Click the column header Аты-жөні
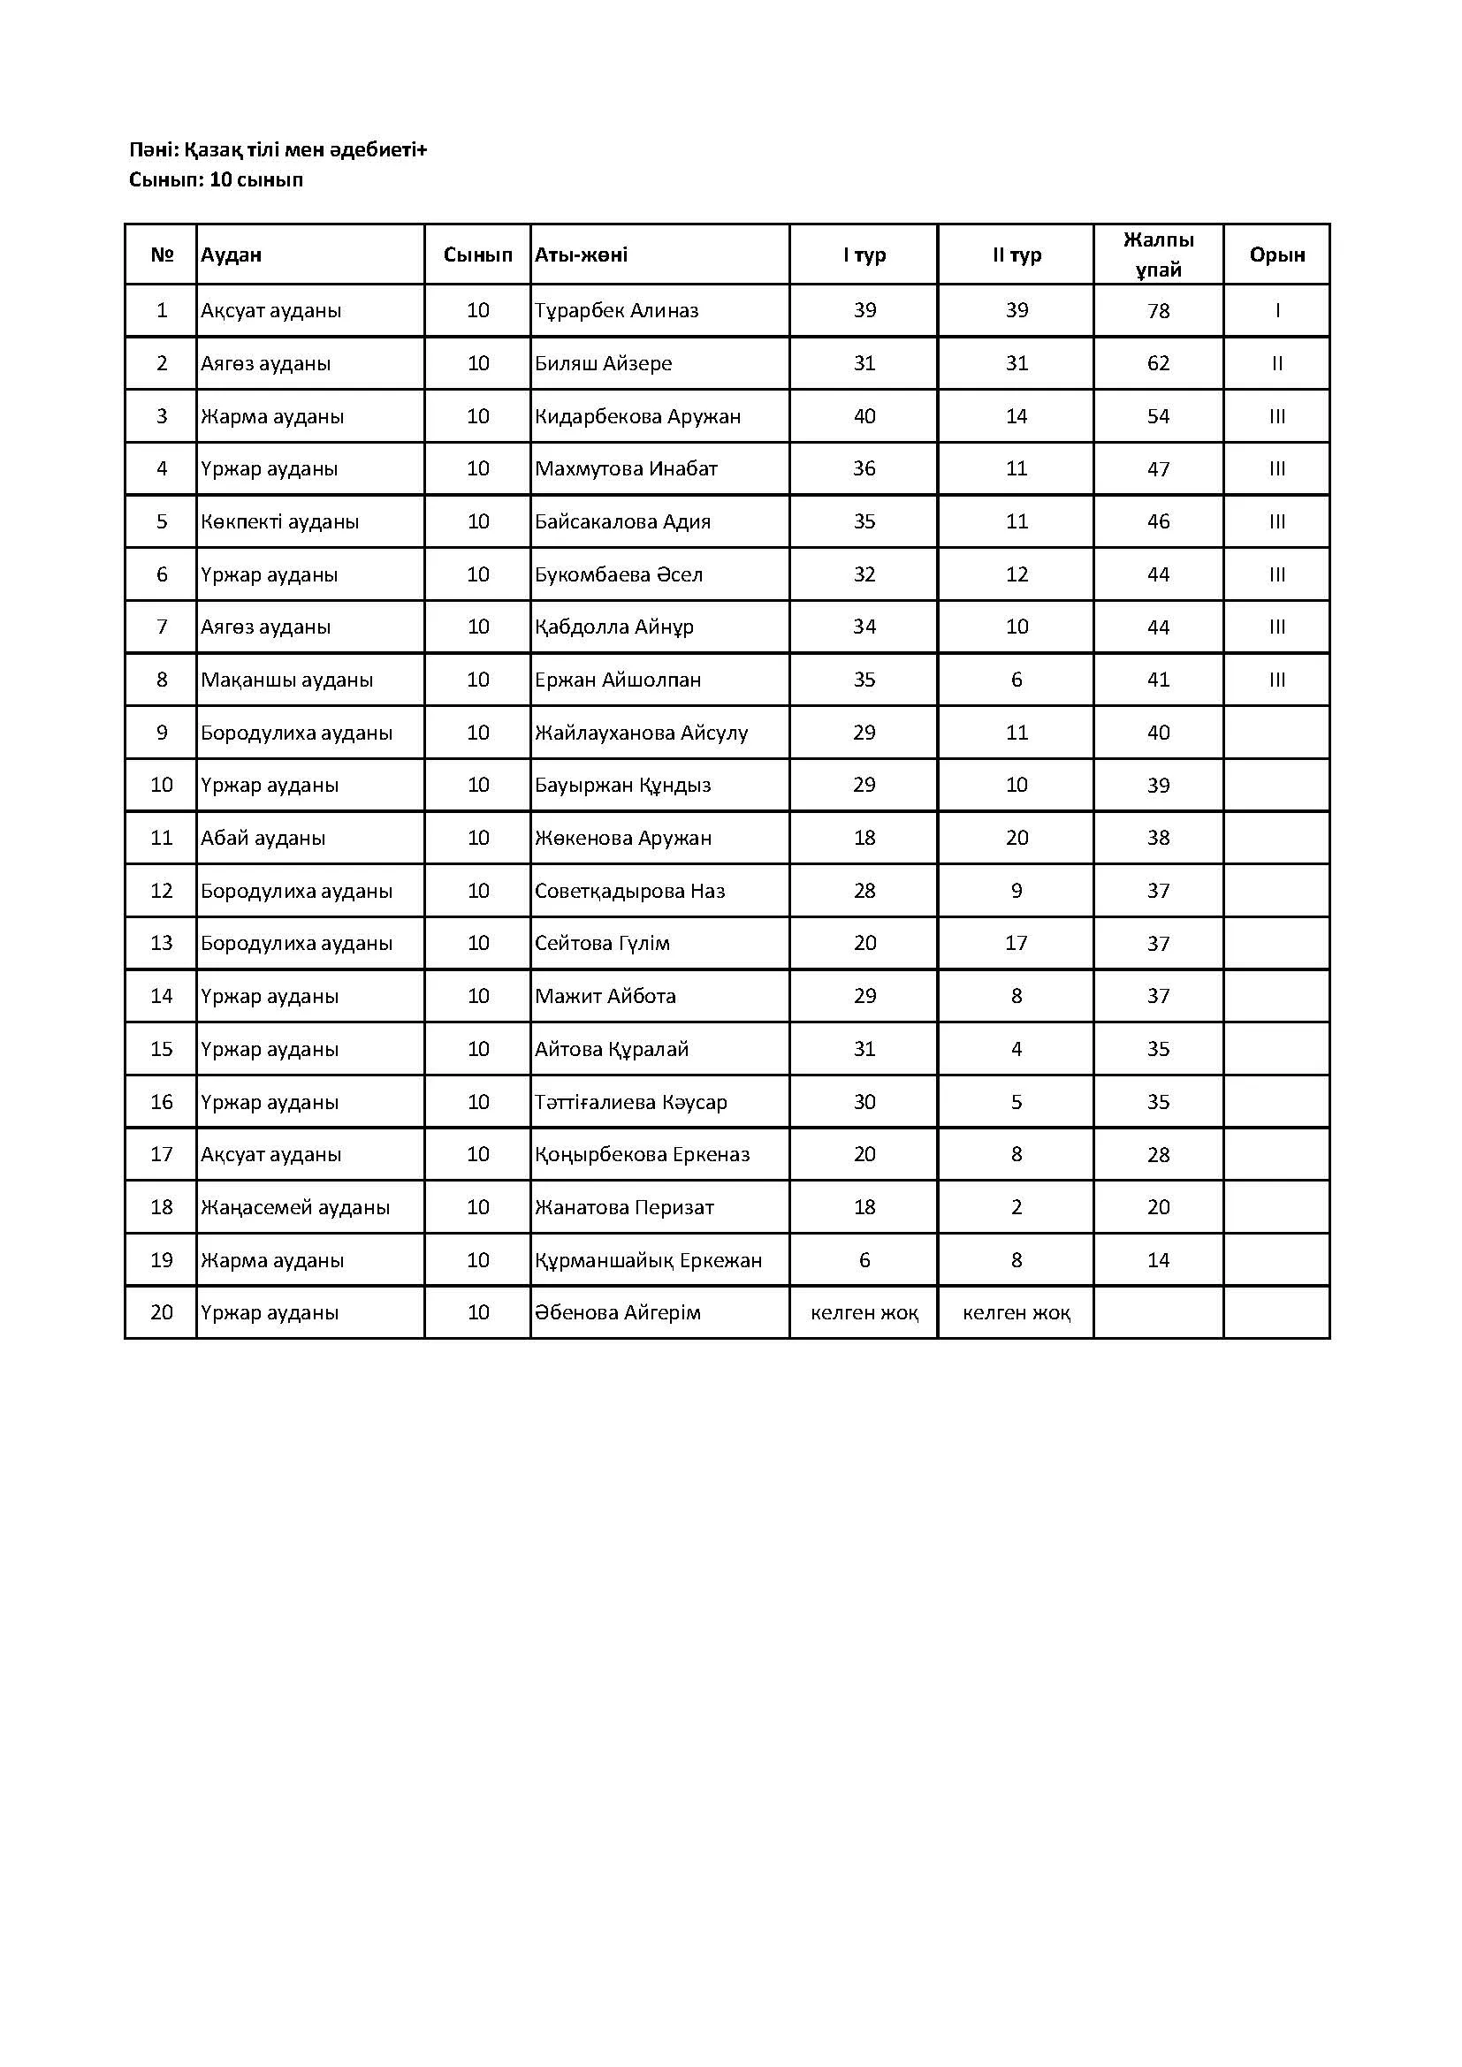click(x=582, y=255)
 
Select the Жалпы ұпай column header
click(x=1158, y=255)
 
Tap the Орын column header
click(x=1276, y=255)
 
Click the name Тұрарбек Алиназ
click(x=617, y=310)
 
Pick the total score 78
click(x=1158, y=310)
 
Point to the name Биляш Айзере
click(x=603, y=364)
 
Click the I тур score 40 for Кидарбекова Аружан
click(x=864, y=416)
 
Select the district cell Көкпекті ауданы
click(x=280, y=521)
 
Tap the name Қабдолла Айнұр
click(x=614, y=627)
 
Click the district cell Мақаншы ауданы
click(x=286, y=680)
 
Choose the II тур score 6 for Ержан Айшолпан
click(x=1017, y=680)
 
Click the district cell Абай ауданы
click(x=263, y=838)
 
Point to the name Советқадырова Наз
click(x=629, y=891)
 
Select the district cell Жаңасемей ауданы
click(x=295, y=1207)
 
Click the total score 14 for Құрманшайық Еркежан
click(x=1158, y=1260)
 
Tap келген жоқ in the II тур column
click(x=1017, y=1312)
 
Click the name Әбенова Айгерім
click(x=618, y=1312)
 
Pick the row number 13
click(x=161, y=944)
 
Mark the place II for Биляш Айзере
click(x=1276, y=364)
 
